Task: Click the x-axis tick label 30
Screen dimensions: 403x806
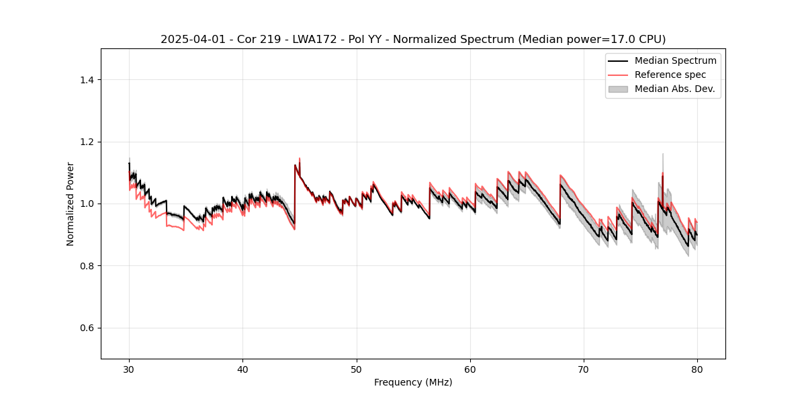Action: pos(129,369)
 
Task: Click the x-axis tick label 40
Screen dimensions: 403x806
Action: pos(242,369)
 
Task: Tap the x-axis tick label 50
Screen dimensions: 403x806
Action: pos(357,369)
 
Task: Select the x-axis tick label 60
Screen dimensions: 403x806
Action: pos(470,369)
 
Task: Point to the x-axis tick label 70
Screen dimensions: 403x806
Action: pos(584,369)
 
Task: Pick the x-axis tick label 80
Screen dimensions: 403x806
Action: pos(697,369)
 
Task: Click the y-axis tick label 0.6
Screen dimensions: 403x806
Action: pos(87,328)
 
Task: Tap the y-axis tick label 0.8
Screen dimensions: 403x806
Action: pos(87,266)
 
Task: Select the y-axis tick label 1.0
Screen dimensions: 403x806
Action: pos(87,204)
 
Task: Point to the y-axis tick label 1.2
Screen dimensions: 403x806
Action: pos(87,142)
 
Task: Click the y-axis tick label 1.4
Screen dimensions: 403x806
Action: pos(87,80)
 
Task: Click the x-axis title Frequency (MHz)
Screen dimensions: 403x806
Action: pos(413,382)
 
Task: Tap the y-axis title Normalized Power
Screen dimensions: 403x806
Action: pos(71,204)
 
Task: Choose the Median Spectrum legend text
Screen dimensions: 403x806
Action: pos(675,60)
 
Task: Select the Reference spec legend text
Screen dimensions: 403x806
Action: pos(670,75)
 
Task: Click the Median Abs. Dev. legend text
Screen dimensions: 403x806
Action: pos(674,89)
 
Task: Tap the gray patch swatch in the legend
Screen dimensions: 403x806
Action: pos(618,89)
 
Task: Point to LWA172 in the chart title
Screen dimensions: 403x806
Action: pos(296,40)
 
